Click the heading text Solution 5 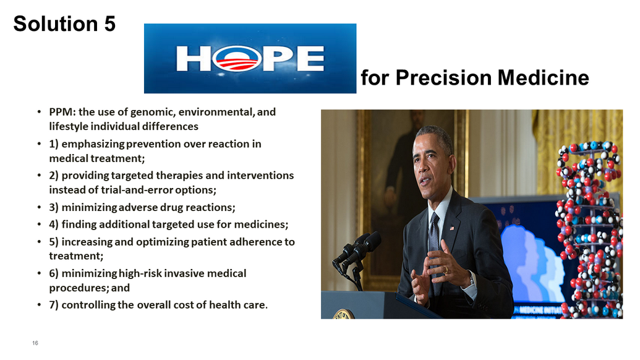click(x=64, y=24)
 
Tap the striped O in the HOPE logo click(x=237, y=59)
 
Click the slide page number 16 click(x=35, y=343)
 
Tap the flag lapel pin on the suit click(x=452, y=228)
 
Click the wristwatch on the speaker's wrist click(x=472, y=279)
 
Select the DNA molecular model click(x=589, y=229)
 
